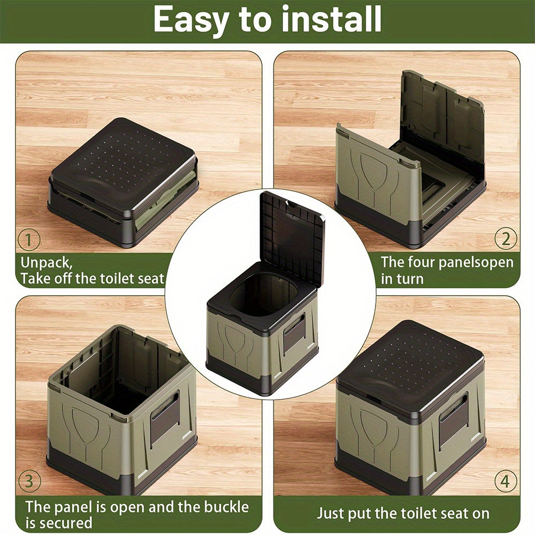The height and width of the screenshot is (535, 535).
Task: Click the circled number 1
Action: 29,239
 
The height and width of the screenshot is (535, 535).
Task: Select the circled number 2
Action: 505,239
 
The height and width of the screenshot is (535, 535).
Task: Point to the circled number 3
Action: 29,481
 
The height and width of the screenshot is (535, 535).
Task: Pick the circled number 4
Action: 505,481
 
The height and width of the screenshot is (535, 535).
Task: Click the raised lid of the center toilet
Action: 293,235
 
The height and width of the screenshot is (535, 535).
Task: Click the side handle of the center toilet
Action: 294,334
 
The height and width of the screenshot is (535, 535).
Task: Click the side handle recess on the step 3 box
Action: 165,417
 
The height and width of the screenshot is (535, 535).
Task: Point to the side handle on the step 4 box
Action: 453,420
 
